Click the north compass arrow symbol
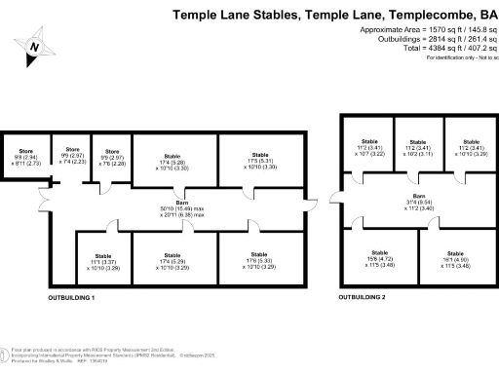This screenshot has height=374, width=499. pyautogui.click(x=35, y=47)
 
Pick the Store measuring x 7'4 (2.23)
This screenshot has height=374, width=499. pyautogui.click(x=72, y=157)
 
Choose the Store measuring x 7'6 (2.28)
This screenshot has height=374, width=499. pyautogui.click(x=111, y=157)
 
